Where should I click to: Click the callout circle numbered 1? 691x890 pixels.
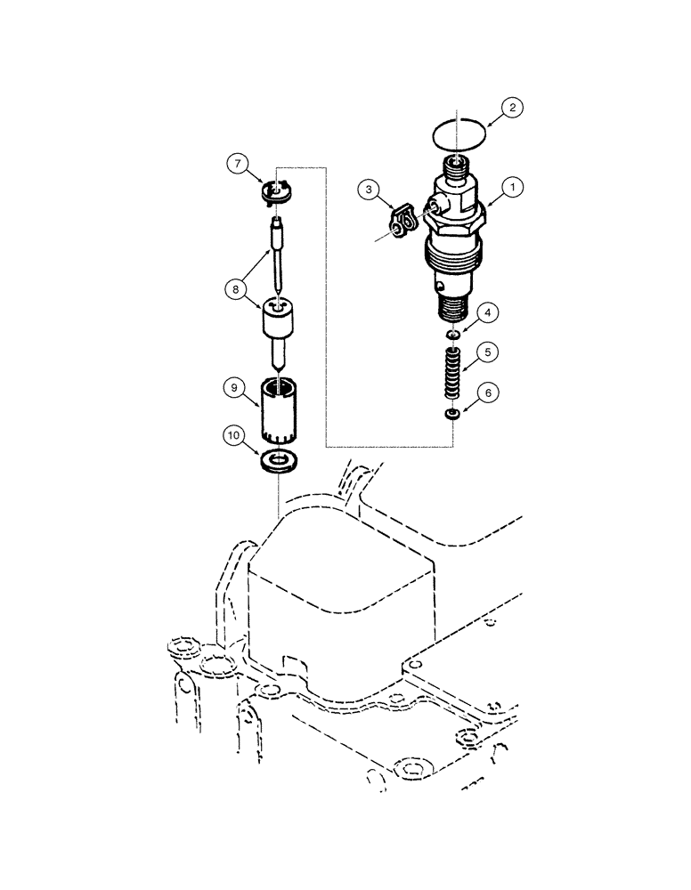coord(516,189)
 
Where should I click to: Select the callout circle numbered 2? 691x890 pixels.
coord(511,108)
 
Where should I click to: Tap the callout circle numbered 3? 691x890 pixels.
coord(370,190)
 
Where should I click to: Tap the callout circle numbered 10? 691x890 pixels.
coord(233,434)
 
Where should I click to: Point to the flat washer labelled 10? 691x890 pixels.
coord(279,462)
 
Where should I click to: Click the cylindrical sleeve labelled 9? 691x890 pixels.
coord(280,409)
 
